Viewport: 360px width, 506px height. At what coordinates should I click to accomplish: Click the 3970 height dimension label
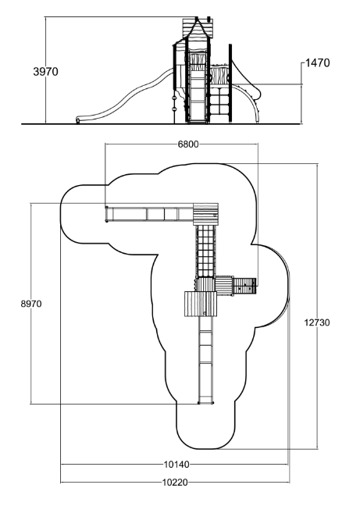point(45,71)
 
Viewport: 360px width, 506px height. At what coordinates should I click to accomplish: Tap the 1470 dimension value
point(317,63)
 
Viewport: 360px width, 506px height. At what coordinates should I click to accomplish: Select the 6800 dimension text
point(188,144)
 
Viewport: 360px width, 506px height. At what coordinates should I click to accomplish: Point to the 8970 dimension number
point(31,304)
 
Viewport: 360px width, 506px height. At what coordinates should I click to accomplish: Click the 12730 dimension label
point(317,322)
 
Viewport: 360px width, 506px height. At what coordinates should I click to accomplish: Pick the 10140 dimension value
point(176,465)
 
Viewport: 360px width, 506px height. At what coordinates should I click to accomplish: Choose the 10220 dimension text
point(174,483)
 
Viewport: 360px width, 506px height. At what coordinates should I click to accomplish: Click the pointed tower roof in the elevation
point(198,28)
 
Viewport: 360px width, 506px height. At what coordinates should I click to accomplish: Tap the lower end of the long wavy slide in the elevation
point(78,120)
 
